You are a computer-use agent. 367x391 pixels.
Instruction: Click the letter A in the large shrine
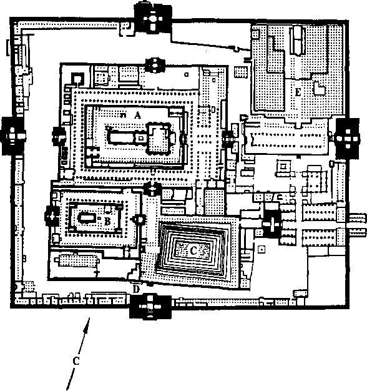coord(137,115)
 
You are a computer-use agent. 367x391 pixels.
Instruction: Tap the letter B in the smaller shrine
coord(107,220)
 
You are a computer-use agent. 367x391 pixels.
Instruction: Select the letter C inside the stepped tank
coord(193,250)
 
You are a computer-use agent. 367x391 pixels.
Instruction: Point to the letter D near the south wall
coord(136,290)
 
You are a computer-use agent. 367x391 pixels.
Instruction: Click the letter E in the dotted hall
coord(298,92)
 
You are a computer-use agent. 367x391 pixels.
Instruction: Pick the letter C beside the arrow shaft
coord(76,361)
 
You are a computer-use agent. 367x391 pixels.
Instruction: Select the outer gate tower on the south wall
coord(150,306)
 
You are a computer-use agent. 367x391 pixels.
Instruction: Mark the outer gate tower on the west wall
coord(12,136)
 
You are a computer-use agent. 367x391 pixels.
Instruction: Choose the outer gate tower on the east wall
coord(348,138)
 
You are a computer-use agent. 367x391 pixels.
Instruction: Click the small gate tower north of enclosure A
coord(155,65)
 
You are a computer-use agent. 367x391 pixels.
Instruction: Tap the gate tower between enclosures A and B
coord(152,188)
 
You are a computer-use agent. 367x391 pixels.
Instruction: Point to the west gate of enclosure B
coord(52,215)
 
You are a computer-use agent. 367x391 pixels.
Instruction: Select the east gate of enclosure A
coord(227,139)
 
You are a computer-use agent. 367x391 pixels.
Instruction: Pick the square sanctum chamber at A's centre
coord(159,138)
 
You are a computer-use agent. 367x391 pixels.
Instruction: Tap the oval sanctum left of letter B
coord(87,219)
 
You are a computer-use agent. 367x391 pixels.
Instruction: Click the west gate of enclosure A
coord(59,136)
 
